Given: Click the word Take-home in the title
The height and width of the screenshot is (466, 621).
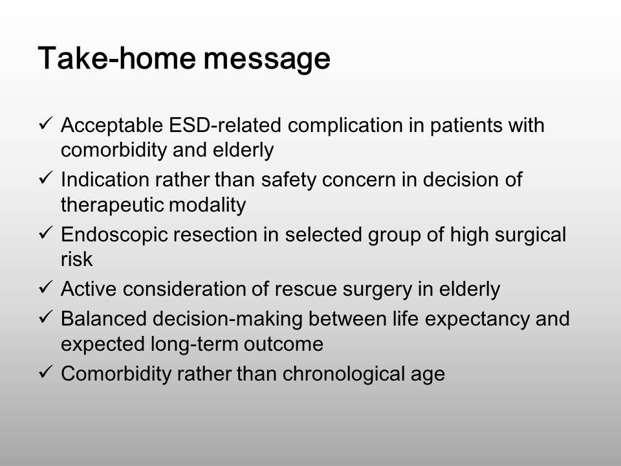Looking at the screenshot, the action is (116, 58).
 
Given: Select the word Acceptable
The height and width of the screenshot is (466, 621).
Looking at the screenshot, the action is (112, 125).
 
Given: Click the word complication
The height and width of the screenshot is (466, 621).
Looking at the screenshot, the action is (345, 126).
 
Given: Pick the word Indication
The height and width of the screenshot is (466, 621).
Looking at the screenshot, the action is (105, 179).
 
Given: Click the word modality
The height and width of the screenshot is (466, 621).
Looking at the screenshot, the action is (207, 206).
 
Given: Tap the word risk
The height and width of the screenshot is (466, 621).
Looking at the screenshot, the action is (77, 260).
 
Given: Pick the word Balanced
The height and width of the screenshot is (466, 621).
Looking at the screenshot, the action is (103, 319).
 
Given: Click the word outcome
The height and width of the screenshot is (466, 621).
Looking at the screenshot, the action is (283, 344).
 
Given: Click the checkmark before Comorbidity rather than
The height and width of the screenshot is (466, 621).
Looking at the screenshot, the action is (46, 372).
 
